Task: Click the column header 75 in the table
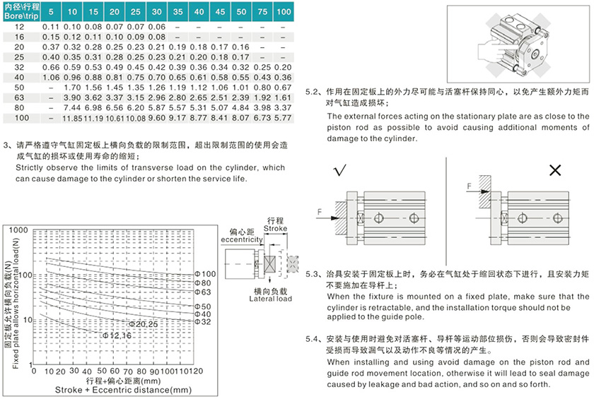262,13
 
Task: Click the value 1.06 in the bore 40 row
51,76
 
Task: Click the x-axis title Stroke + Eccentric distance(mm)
113,389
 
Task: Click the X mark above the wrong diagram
555,171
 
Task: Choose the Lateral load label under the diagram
269,299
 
